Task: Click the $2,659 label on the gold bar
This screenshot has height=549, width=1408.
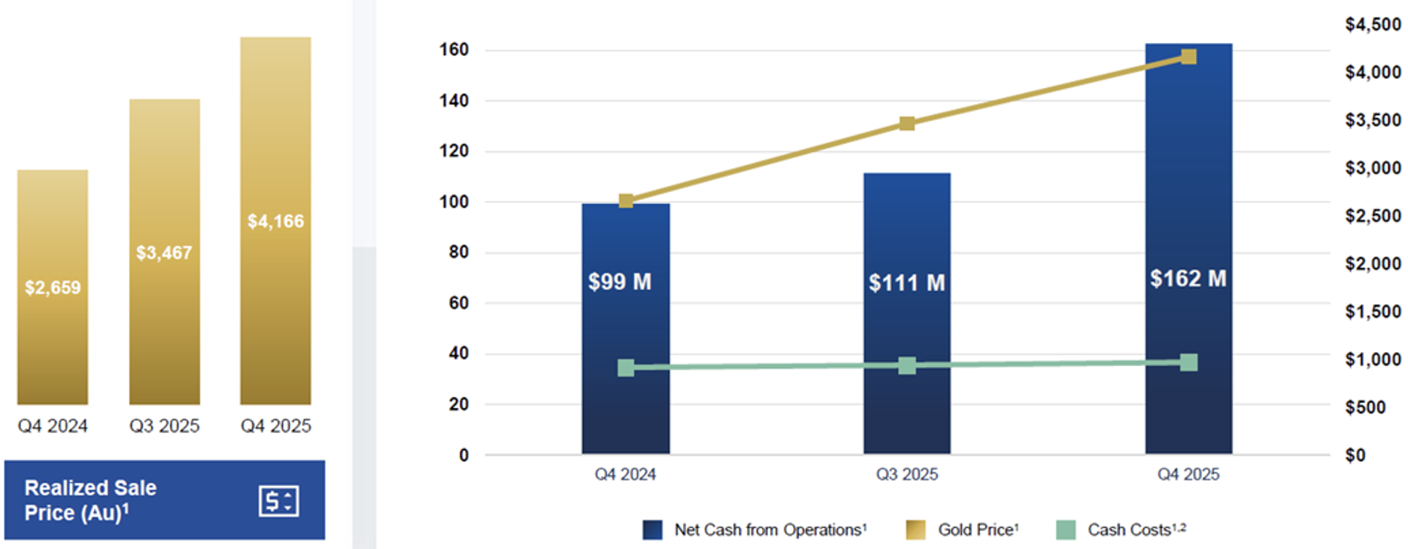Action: point(53,287)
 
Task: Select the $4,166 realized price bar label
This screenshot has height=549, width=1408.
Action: point(275,221)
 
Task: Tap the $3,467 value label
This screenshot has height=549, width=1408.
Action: point(164,253)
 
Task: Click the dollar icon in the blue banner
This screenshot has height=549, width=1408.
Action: point(278,501)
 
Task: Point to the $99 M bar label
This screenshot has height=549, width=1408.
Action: point(620,282)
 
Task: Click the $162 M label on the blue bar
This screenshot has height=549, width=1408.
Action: point(1188,279)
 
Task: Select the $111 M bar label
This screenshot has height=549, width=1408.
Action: point(906,283)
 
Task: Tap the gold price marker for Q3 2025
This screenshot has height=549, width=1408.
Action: point(907,123)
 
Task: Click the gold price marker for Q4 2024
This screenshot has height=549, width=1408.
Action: point(626,201)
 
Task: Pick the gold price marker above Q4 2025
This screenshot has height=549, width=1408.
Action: point(1188,57)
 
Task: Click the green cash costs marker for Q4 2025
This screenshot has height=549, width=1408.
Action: point(1188,362)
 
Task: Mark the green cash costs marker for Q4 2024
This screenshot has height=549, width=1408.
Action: point(626,368)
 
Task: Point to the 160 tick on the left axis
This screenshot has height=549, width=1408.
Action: point(454,50)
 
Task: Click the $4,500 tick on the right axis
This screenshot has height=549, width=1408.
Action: point(1373,25)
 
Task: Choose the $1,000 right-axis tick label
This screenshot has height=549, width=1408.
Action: point(1373,359)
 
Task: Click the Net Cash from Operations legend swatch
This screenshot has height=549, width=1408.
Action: point(652,530)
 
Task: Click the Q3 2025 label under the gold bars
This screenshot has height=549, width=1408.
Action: point(164,426)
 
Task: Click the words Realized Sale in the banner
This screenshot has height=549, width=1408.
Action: point(90,488)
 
